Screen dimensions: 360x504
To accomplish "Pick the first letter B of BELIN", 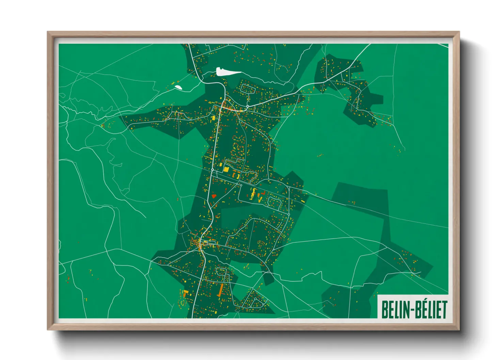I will (384, 310).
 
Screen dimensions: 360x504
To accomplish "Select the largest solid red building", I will (214, 196).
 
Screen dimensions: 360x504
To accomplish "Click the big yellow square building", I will (226, 169).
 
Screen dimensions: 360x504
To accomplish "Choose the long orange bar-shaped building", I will (220, 290).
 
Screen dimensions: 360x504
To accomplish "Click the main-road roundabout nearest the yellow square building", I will (212, 169).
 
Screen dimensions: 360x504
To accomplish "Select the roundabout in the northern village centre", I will (247, 107).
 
